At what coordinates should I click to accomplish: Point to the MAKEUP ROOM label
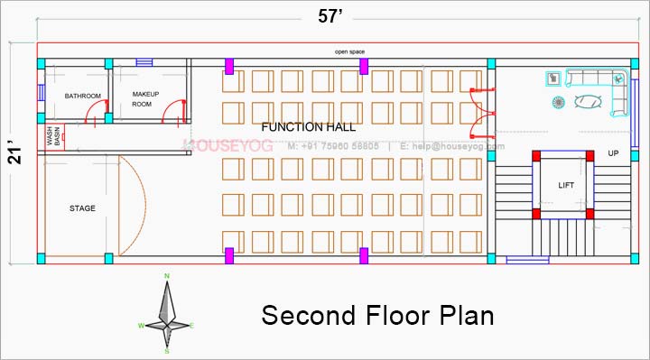(x=145, y=99)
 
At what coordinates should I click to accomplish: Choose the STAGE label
(x=82, y=208)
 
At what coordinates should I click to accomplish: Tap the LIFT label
(x=566, y=185)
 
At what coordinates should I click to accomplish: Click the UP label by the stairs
(x=613, y=153)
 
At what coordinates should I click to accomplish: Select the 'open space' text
(x=349, y=52)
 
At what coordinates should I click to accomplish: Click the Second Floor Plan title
(x=377, y=316)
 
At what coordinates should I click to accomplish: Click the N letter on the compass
(x=167, y=276)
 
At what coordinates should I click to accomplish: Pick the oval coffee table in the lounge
(x=589, y=101)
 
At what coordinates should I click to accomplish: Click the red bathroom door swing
(x=91, y=113)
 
